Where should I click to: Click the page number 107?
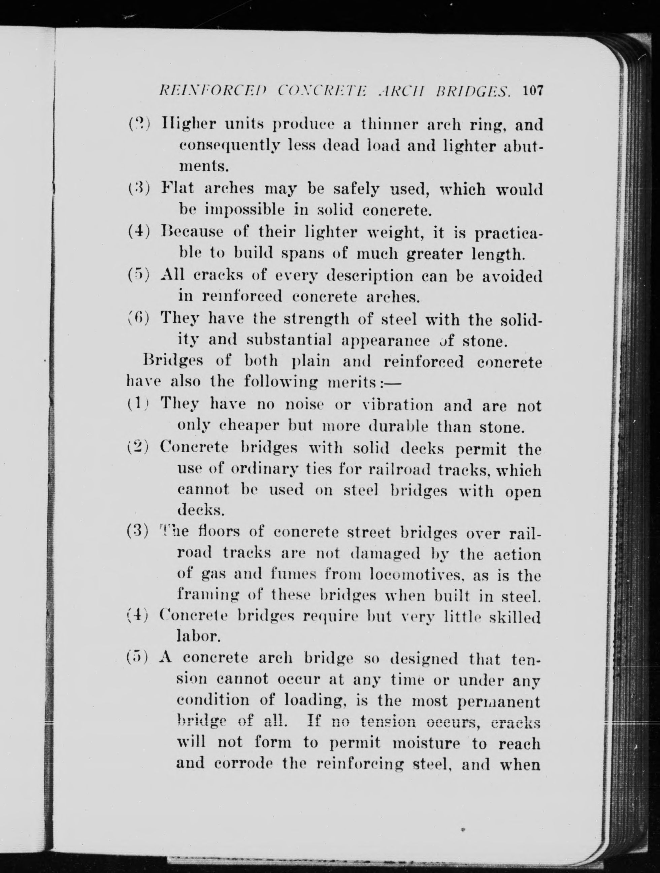point(533,91)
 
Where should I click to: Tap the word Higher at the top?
point(189,125)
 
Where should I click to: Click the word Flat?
point(177,188)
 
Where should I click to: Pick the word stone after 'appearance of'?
point(485,340)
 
